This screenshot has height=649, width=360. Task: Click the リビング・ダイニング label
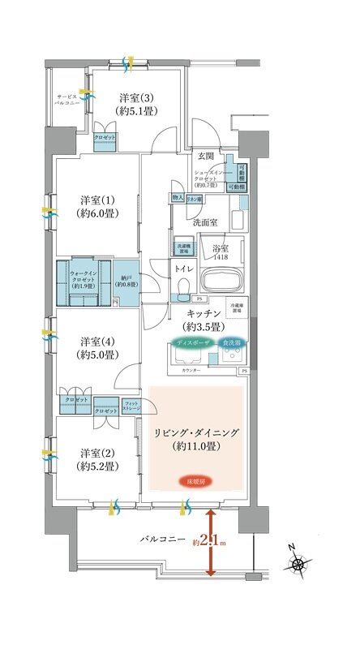click(197, 440)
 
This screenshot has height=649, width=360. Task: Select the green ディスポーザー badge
click(193, 343)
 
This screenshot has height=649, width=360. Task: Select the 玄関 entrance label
click(205, 156)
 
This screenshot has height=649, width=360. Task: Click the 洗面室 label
click(205, 221)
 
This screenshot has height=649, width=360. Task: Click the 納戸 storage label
click(126, 279)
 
